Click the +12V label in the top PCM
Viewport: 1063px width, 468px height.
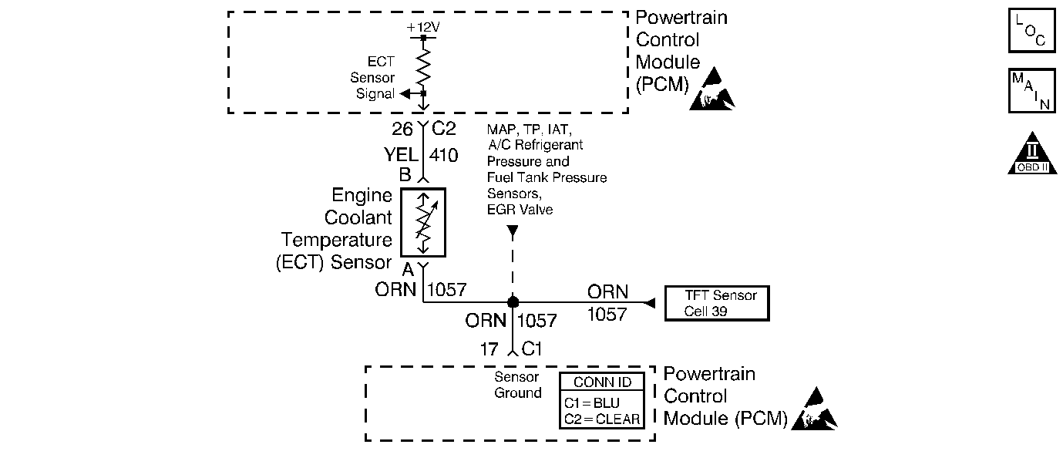(x=423, y=28)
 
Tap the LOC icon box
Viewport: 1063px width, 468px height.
(x=1031, y=30)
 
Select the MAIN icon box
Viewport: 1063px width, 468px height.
(x=1031, y=91)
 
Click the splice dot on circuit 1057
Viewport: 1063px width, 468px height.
(x=513, y=301)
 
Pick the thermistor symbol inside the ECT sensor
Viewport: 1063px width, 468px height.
(x=423, y=222)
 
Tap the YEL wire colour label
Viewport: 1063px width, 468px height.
(x=401, y=155)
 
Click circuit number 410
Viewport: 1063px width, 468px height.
(x=443, y=155)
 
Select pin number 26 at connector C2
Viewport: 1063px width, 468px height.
(x=402, y=129)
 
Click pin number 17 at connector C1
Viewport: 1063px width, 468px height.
(x=489, y=349)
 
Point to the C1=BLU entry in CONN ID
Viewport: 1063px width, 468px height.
(x=592, y=402)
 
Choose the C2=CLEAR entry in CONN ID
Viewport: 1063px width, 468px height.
(x=602, y=419)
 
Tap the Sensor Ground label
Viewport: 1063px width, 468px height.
(x=518, y=386)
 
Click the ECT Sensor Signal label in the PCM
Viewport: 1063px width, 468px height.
(x=374, y=77)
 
